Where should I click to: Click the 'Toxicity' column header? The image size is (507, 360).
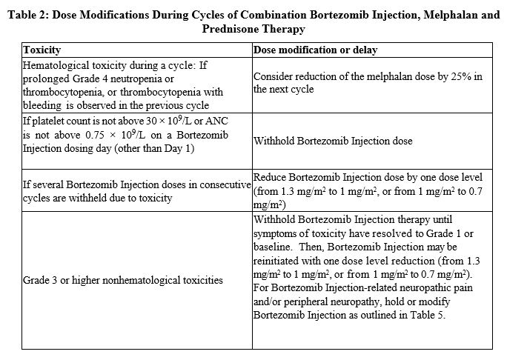pos(42,50)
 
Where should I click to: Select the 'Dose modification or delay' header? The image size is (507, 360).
pos(316,50)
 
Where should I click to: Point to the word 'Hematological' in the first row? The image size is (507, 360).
pos(55,65)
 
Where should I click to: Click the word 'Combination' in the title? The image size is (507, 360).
pos(285,14)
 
